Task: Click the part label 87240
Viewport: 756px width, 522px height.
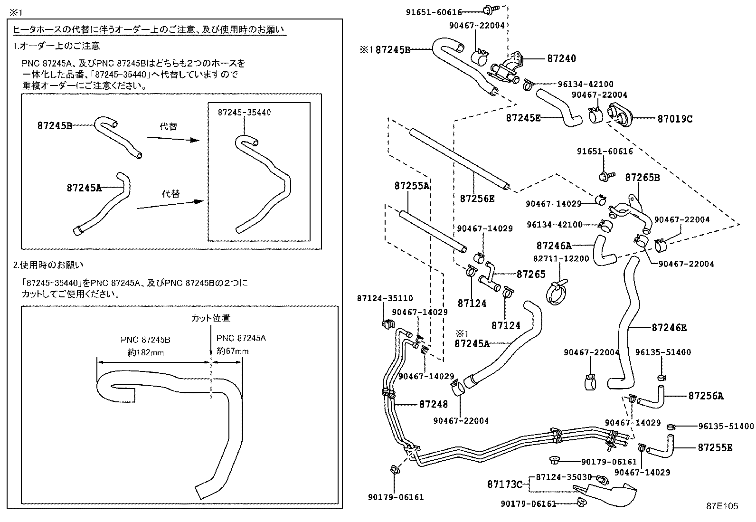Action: click(561, 58)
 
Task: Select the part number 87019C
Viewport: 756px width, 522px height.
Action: click(675, 119)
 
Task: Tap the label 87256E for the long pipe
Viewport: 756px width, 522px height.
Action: click(477, 199)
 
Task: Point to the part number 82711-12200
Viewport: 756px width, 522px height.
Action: click(561, 259)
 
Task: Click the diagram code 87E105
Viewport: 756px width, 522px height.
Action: click(722, 506)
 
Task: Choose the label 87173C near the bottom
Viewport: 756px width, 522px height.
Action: click(504, 484)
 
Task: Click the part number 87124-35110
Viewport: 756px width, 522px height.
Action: click(385, 298)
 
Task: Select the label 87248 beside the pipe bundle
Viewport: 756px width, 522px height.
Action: click(433, 404)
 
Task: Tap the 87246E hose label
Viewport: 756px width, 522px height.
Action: click(669, 328)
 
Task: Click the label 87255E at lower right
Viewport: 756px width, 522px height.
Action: click(715, 447)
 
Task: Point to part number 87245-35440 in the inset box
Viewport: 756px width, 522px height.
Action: click(244, 113)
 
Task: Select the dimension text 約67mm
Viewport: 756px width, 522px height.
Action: click(233, 351)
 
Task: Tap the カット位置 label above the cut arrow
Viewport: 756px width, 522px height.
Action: click(210, 318)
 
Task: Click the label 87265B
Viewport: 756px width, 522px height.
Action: click(642, 178)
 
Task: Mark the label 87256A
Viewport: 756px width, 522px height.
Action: click(706, 396)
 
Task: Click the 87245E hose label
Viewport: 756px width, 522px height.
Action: click(523, 118)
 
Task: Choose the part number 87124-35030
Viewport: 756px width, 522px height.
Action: click(564, 476)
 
